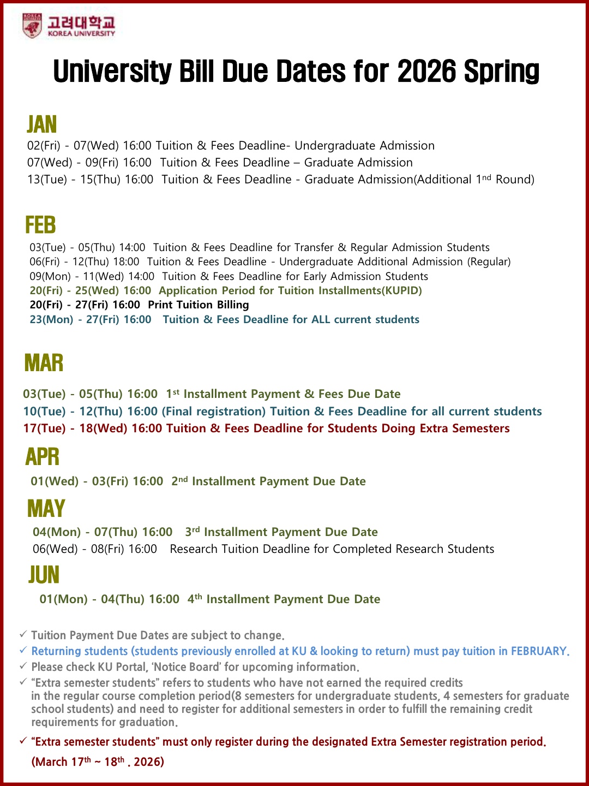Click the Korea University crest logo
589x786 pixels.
point(32,26)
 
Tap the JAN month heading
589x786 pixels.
point(42,124)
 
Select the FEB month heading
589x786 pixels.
point(40,225)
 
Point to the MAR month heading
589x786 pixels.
point(44,363)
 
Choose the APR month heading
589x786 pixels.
point(42,457)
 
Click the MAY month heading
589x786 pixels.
point(46,509)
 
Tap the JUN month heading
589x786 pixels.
point(44,575)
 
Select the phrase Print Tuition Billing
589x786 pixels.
point(199,305)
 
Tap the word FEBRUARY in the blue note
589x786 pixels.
point(539,651)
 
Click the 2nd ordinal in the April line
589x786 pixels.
point(179,481)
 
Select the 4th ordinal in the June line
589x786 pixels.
point(195,599)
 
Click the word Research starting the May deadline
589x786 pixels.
point(194,549)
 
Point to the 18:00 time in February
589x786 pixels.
point(126,261)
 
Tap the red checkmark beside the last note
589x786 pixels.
point(23,741)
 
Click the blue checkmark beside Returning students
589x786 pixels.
point(23,650)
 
